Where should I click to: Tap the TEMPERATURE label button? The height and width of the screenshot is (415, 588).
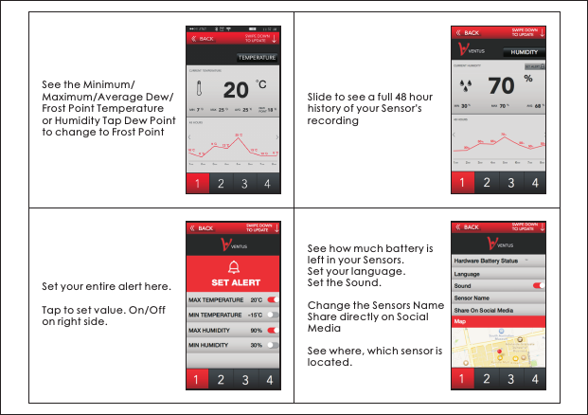click(x=256, y=58)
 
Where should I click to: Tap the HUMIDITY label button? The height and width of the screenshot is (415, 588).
click(x=524, y=52)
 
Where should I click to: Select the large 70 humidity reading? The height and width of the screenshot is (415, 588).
click(x=500, y=85)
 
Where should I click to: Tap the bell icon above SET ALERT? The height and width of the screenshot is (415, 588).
click(x=233, y=265)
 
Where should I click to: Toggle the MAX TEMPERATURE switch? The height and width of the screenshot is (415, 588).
click(x=271, y=299)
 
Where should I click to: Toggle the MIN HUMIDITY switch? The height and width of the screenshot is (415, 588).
click(x=271, y=345)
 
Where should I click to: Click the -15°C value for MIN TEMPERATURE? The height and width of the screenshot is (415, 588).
click(x=255, y=315)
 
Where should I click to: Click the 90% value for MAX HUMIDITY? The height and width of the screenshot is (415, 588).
click(x=256, y=330)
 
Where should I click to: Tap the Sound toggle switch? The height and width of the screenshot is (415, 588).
click(x=539, y=284)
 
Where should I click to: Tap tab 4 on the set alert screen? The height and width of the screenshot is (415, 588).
click(x=268, y=380)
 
